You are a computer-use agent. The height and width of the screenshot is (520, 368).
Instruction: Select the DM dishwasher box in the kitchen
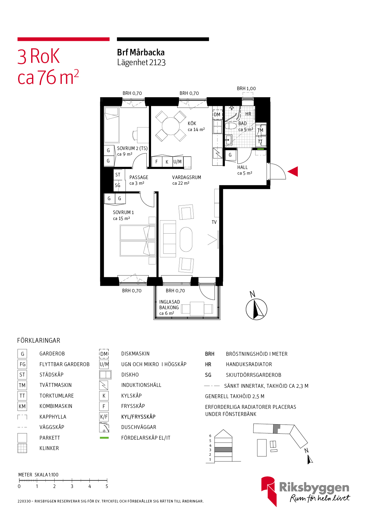217,114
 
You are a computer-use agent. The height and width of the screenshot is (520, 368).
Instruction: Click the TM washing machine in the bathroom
261,130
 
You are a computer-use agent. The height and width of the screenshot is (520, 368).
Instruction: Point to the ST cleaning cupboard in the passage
118,175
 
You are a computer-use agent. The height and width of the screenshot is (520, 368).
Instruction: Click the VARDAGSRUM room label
187,177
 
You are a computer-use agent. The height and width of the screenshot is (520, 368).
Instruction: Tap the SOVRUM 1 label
123,212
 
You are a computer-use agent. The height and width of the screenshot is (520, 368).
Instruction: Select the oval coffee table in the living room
186,239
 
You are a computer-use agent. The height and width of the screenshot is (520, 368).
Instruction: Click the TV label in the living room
214,222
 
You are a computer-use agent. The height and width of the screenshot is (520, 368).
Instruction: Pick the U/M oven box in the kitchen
177,162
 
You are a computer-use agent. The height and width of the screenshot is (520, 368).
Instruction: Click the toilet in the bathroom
231,126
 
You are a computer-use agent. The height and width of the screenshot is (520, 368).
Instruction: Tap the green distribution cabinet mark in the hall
260,149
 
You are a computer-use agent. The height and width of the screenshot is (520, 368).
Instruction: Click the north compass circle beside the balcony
256,309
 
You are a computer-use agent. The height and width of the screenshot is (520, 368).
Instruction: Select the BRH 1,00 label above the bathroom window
246,88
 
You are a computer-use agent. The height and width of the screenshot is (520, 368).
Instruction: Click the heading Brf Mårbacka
141,52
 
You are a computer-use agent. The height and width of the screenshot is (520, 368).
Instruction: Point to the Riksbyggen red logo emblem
269,491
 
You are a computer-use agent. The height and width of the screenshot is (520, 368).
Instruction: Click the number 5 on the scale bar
107,486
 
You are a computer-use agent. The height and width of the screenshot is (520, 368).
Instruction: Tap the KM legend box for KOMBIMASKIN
22,406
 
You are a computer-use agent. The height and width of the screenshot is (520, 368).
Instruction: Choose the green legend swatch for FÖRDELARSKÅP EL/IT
104,438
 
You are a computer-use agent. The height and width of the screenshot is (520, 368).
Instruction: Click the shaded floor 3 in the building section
223,450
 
